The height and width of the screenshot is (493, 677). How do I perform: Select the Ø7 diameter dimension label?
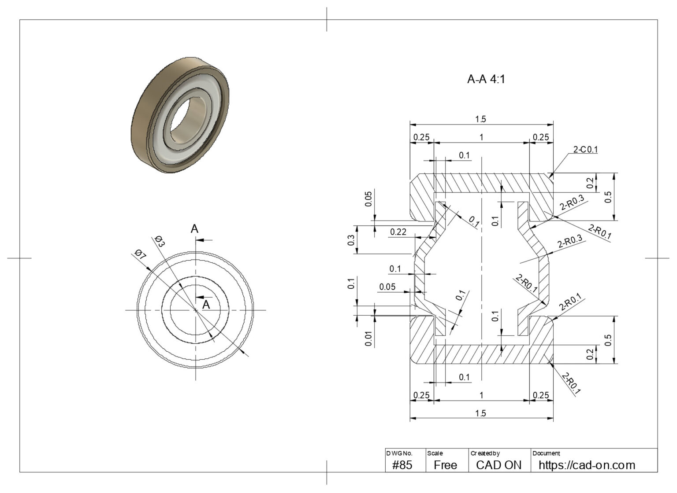click(x=141, y=254)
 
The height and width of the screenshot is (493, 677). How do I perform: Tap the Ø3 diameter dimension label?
click(x=159, y=242)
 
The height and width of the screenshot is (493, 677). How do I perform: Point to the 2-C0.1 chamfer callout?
click(x=585, y=150)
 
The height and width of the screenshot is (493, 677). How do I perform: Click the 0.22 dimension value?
click(x=398, y=232)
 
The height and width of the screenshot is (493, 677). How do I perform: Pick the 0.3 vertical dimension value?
click(x=351, y=240)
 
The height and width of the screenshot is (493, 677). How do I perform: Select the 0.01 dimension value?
click(x=368, y=338)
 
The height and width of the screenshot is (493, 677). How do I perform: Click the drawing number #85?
click(x=402, y=465)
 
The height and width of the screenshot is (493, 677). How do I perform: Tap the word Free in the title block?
click(x=445, y=465)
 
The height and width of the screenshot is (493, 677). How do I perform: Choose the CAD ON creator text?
click(x=498, y=465)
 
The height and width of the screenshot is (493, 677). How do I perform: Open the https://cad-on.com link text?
click(x=587, y=465)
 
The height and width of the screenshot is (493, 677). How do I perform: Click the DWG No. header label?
click(x=399, y=453)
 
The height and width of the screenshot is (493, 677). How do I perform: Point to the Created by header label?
click(x=485, y=453)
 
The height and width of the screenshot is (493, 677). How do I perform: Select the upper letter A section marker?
click(x=194, y=229)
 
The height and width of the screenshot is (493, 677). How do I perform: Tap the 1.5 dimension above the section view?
click(x=480, y=119)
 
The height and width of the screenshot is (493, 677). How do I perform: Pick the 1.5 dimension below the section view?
click(x=480, y=413)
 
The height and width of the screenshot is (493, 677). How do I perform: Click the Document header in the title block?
click(x=546, y=453)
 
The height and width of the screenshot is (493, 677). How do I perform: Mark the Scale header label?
click(x=435, y=453)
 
